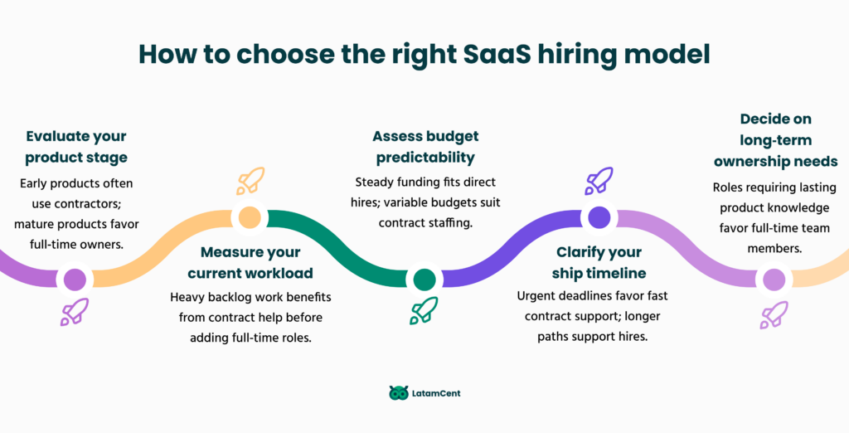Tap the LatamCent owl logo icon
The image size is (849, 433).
(x=399, y=393)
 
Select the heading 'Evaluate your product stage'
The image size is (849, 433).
(x=76, y=147)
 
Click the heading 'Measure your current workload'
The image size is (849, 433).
(x=250, y=262)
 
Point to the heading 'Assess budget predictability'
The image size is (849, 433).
(x=425, y=147)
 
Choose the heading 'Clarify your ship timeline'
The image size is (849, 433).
(x=599, y=262)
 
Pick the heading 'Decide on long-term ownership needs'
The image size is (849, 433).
(x=776, y=140)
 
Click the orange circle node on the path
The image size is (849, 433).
(x=249, y=217)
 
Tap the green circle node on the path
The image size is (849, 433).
(x=424, y=280)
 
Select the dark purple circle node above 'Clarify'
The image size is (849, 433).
(x=599, y=217)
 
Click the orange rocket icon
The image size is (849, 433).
(x=250, y=181)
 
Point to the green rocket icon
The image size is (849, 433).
(x=424, y=311)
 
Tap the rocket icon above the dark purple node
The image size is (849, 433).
(x=599, y=181)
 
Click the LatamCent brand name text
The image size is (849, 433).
(x=436, y=393)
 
